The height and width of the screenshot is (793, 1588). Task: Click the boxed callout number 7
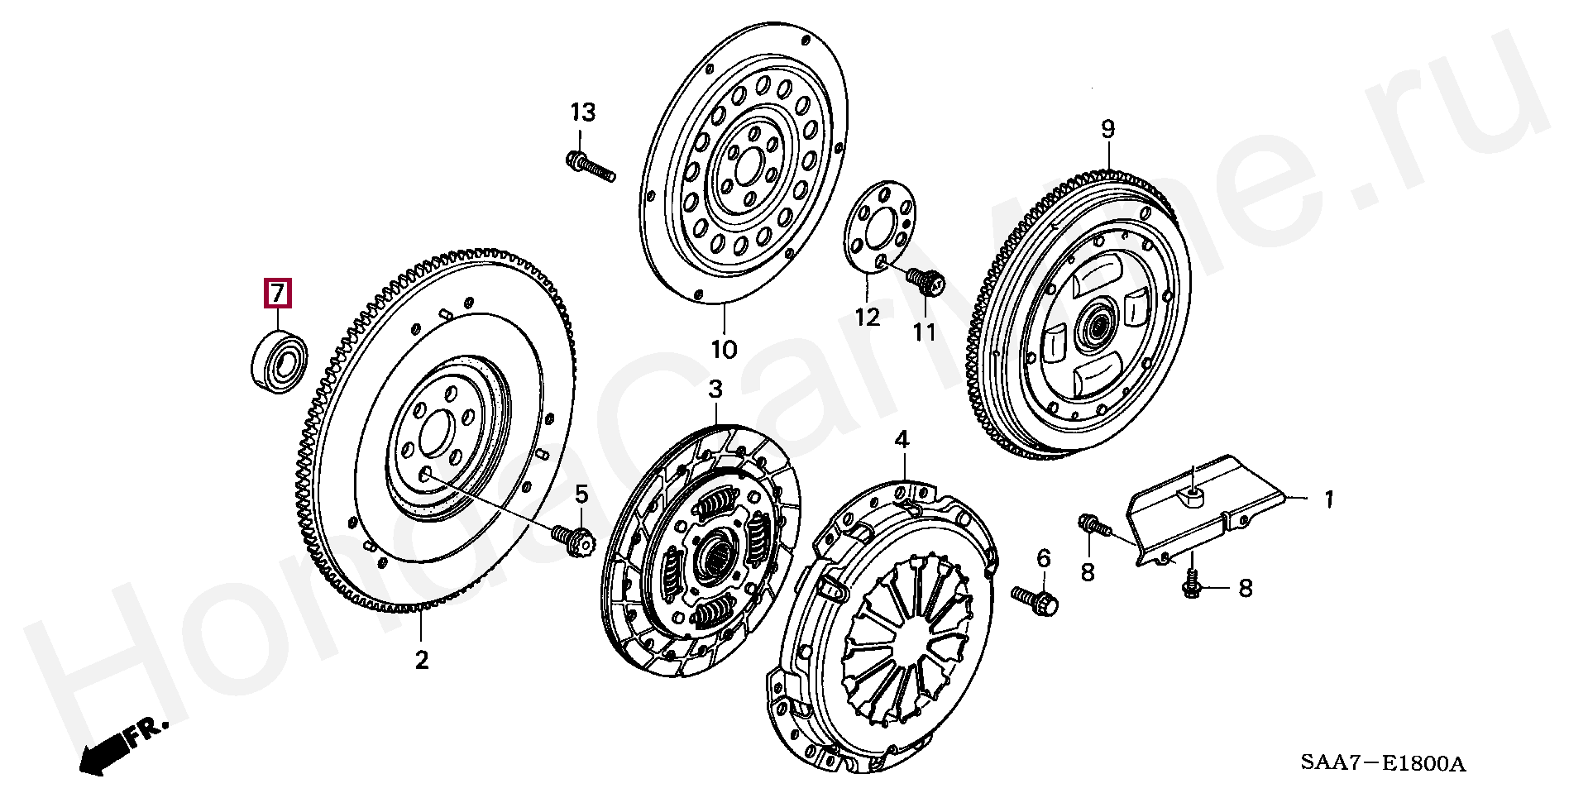[278, 294]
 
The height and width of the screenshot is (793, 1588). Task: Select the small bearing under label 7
[280, 361]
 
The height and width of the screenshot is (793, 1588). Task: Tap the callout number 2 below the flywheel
[422, 661]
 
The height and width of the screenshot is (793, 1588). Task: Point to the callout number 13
[582, 112]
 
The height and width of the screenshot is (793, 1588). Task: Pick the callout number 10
[724, 350]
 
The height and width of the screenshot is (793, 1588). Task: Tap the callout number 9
[1107, 129]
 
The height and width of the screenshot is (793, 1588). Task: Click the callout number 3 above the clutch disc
[715, 389]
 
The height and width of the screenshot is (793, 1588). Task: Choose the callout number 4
[902, 440]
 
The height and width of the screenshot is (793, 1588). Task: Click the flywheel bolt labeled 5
[572, 539]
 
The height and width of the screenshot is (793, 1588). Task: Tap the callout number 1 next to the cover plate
[1328, 499]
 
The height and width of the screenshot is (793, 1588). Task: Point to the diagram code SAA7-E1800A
[1382, 762]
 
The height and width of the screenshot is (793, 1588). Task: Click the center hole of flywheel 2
[435, 432]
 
